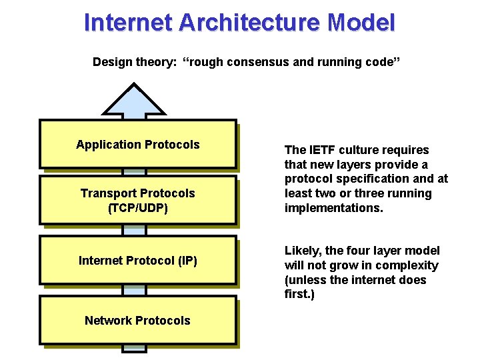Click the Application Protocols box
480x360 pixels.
pyautogui.click(x=137, y=144)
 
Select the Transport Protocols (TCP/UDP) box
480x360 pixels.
pyautogui.click(x=137, y=200)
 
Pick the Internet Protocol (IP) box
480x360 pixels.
pyautogui.click(x=137, y=260)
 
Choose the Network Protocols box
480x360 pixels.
pyautogui.click(x=137, y=320)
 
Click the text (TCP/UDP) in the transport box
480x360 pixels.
pyautogui.click(x=137, y=208)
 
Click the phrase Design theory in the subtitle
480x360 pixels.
pyautogui.click(x=133, y=62)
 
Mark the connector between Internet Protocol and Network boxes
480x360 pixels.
pyautogui.click(x=134, y=290)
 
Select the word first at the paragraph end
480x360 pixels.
pyautogui.click(x=298, y=294)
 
